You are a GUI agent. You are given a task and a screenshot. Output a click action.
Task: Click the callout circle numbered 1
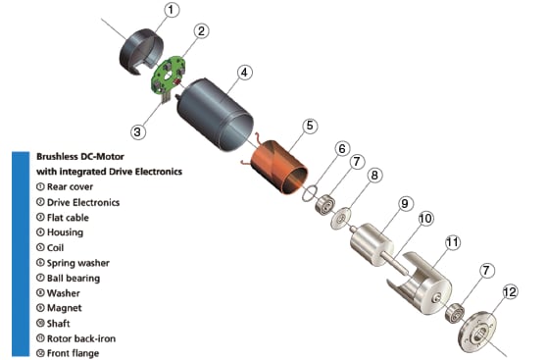(x=171, y=10)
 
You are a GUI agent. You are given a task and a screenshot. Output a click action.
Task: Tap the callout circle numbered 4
(x=244, y=73)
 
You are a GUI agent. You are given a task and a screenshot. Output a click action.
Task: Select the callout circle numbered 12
(x=510, y=292)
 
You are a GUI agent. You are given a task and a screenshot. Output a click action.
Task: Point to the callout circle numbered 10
(x=425, y=219)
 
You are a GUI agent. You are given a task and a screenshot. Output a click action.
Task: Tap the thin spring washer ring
(x=310, y=194)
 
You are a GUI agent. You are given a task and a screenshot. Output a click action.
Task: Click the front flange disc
(x=478, y=333)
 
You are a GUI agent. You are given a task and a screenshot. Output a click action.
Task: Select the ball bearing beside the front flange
(x=455, y=314)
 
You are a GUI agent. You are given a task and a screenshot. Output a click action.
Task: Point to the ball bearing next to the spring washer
(x=325, y=205)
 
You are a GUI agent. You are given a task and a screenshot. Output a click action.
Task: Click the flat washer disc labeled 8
(x=340, y=219)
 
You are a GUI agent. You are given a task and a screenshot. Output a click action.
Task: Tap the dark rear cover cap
(x=141, y=51)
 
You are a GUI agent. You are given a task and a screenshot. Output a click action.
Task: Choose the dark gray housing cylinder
(x=215, y=115)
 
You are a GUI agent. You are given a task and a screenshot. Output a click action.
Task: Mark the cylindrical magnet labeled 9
(x=372, y=244)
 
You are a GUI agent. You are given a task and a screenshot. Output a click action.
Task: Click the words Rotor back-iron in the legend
(x=81, y=338)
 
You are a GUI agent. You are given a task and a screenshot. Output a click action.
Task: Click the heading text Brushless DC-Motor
(x=80, y=156)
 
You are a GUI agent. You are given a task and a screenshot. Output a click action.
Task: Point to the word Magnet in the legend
(x=64, y=308)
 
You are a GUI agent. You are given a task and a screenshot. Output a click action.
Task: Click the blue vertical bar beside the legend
(x=21, y=254)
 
